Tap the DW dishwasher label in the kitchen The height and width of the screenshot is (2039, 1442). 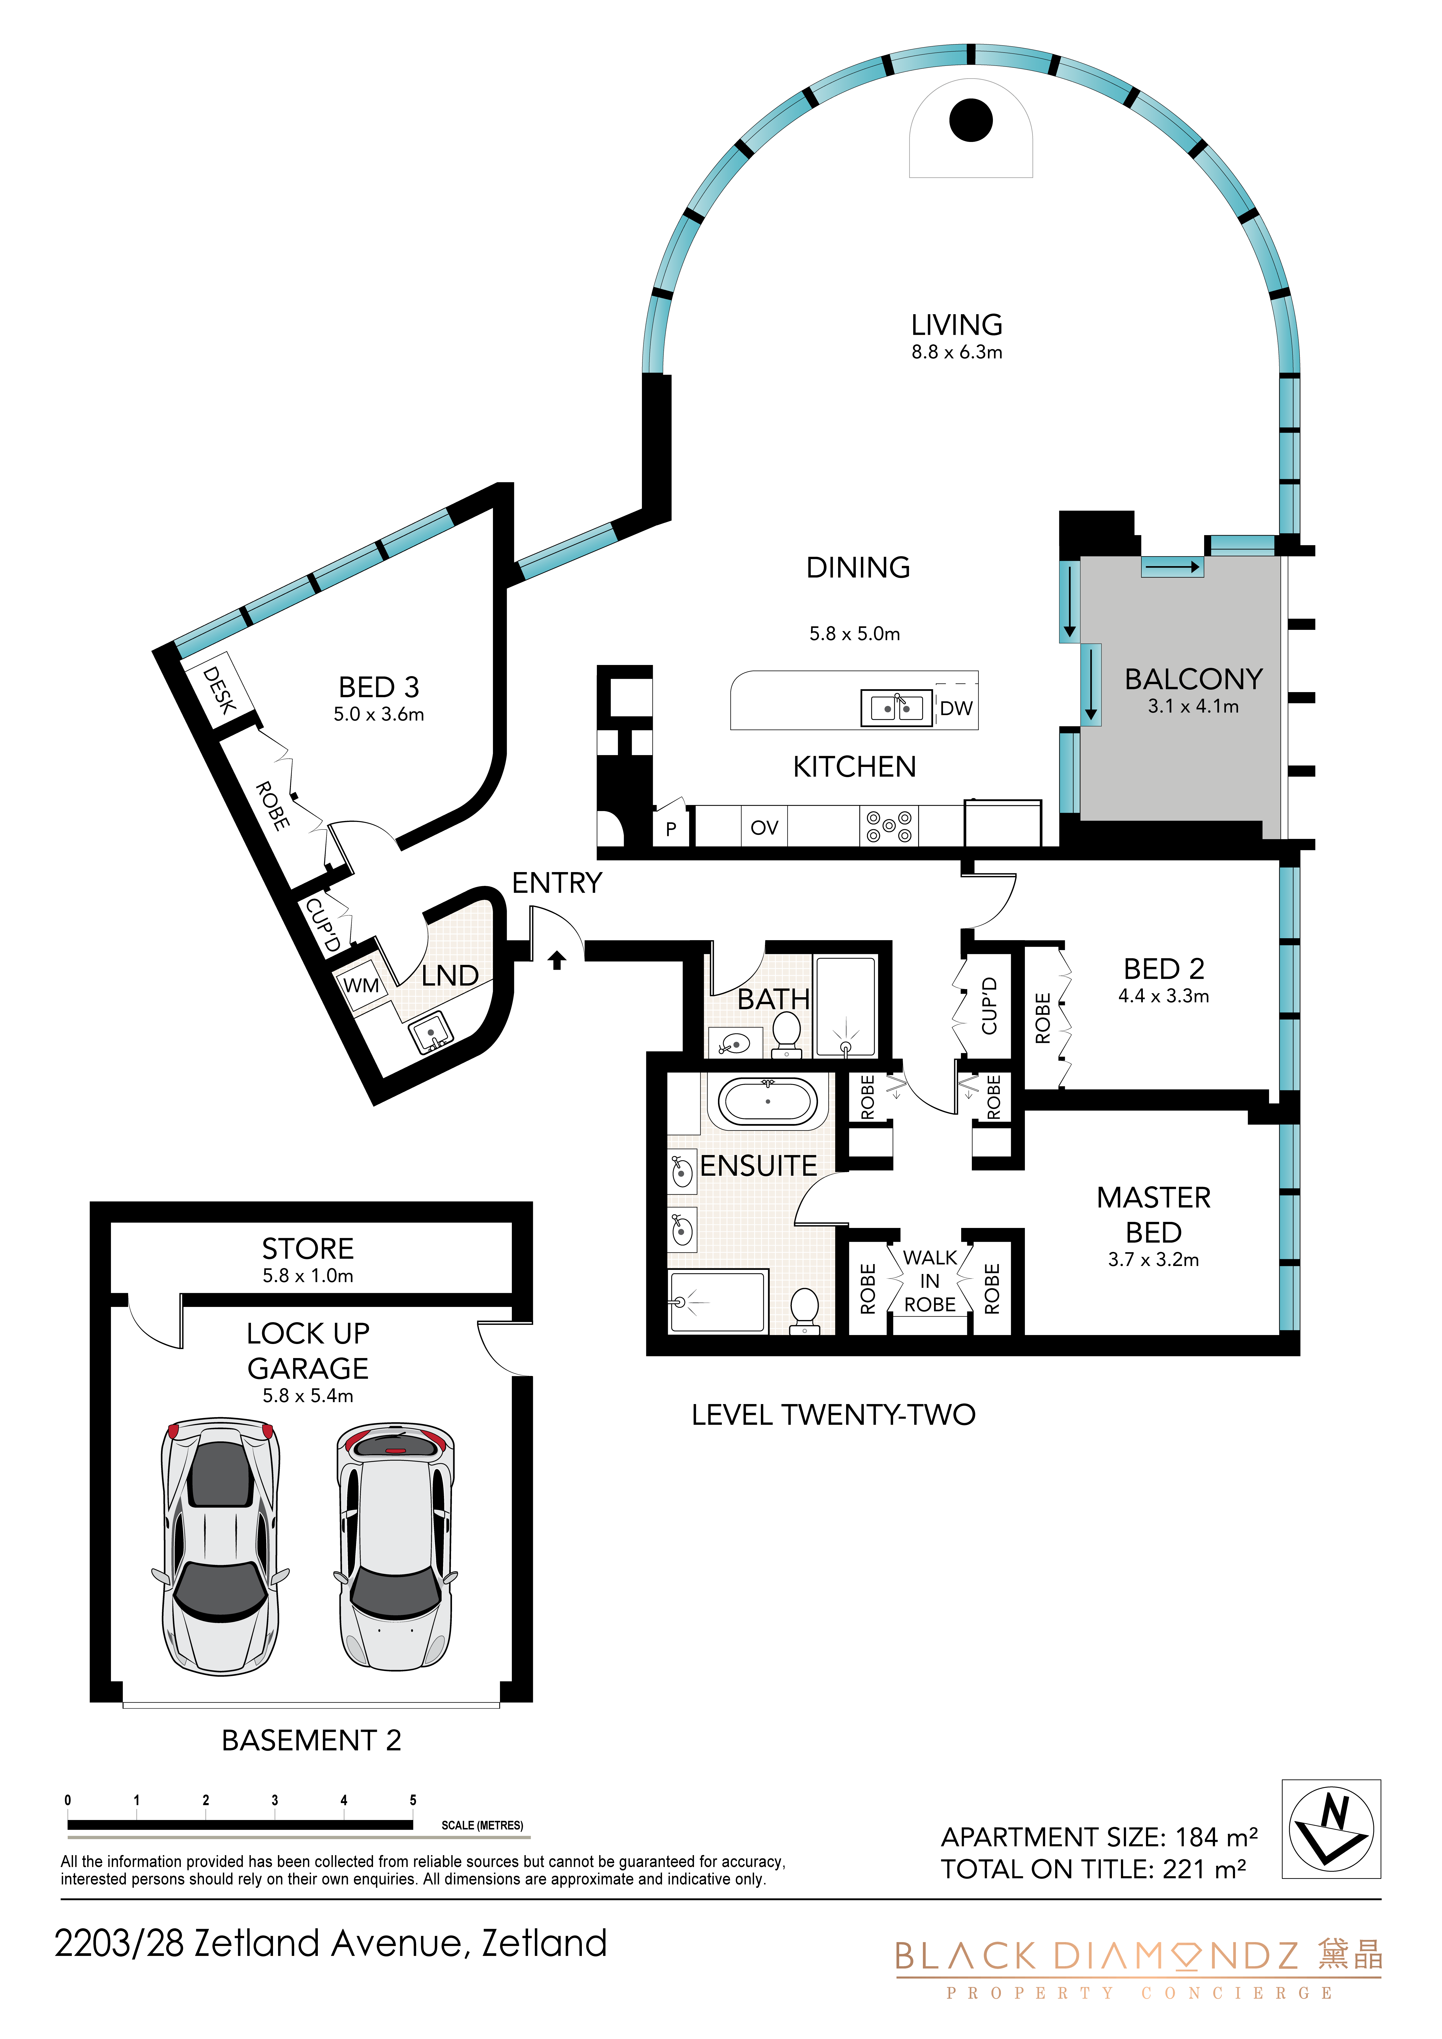click(956, 709)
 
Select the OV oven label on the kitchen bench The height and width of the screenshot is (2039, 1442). click(764, 828)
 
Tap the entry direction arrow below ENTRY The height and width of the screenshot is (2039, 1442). click(557, 960)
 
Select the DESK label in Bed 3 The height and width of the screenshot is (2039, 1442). click(218, 690)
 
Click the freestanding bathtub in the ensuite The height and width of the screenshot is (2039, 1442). click(768, 1102)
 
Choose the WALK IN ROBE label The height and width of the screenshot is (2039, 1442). click(930, 1281)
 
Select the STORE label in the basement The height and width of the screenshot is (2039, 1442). click(308, 1249)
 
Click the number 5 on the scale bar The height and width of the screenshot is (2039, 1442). click(413, 1800)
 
